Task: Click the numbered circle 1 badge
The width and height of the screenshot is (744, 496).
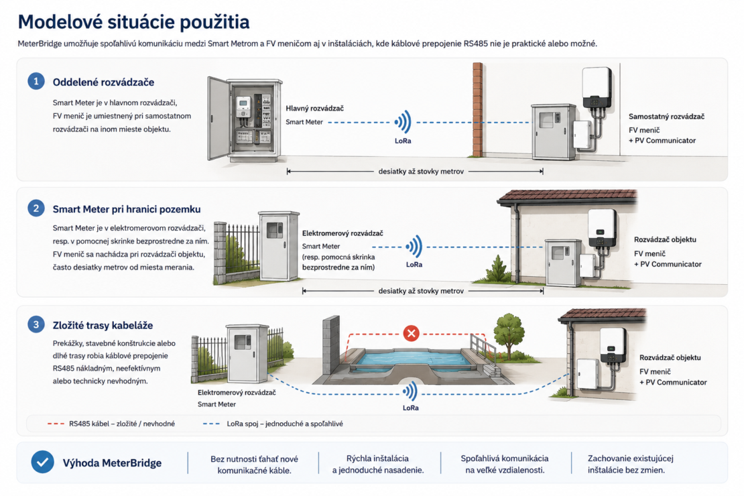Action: [36, 81]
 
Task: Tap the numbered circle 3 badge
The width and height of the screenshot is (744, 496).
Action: [36, 324]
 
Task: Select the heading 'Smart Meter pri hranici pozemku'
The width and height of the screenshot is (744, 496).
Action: [127, 209]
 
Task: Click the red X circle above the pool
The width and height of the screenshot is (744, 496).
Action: [411, 333]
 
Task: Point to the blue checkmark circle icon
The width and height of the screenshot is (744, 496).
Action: [42, 462]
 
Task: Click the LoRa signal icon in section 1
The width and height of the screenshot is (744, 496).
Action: [403, 122]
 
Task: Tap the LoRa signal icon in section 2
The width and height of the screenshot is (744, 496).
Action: [414, 247]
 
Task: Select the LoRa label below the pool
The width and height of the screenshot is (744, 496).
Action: [410, 408]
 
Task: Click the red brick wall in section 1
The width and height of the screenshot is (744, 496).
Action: [478, 110]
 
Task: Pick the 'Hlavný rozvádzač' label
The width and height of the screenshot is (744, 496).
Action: [314, 108]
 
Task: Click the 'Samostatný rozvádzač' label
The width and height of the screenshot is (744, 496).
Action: [666, 116]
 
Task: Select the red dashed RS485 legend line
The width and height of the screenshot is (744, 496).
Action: [56, 424]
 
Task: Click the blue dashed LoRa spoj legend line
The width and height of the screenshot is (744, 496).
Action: [211, 424]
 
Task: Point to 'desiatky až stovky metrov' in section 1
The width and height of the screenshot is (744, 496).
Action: [421, 172]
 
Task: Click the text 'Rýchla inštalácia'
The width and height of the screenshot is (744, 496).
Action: [377, 458]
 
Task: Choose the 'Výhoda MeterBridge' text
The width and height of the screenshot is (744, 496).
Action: [112, 462]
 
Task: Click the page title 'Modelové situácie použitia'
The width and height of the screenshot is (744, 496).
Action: [133, 22]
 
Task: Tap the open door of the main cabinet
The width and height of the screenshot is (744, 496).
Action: [219, 119]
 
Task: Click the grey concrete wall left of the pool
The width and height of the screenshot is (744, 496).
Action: [331, 345]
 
